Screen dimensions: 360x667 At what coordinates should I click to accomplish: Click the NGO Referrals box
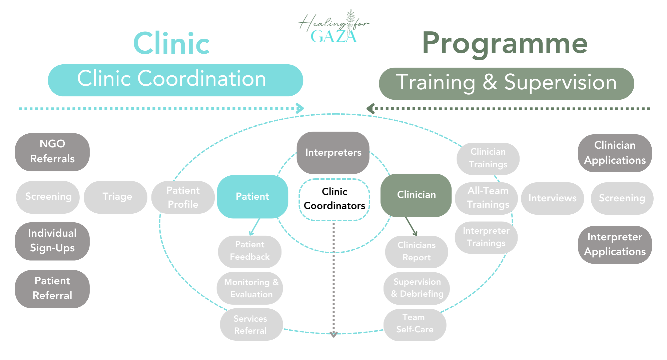(52, 152)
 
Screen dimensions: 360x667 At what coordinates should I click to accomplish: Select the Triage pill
(115, 197)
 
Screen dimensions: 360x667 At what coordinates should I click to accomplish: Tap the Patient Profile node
(183, 197)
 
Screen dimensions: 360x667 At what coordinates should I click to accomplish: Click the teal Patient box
(252, 197)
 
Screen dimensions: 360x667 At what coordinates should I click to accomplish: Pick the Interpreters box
(333, 153)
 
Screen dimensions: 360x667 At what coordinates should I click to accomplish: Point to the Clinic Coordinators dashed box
(335, 199)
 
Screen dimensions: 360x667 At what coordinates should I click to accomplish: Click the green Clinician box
(416, 195)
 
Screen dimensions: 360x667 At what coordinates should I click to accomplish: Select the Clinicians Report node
(417, 252)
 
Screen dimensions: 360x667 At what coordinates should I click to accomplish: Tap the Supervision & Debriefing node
(417, 288)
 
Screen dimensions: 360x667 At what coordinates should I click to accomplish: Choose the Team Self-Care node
(415, 324)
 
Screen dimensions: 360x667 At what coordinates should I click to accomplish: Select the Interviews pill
(552, 198)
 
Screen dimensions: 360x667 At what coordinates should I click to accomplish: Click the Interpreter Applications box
(615, 245)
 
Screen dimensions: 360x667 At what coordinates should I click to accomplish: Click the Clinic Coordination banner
(175, 80)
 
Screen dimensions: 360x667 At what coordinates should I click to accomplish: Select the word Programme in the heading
(505, 43)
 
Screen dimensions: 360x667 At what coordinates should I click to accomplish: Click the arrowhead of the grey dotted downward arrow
(333, 334)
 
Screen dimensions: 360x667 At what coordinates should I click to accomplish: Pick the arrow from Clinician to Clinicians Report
(411, 226)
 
